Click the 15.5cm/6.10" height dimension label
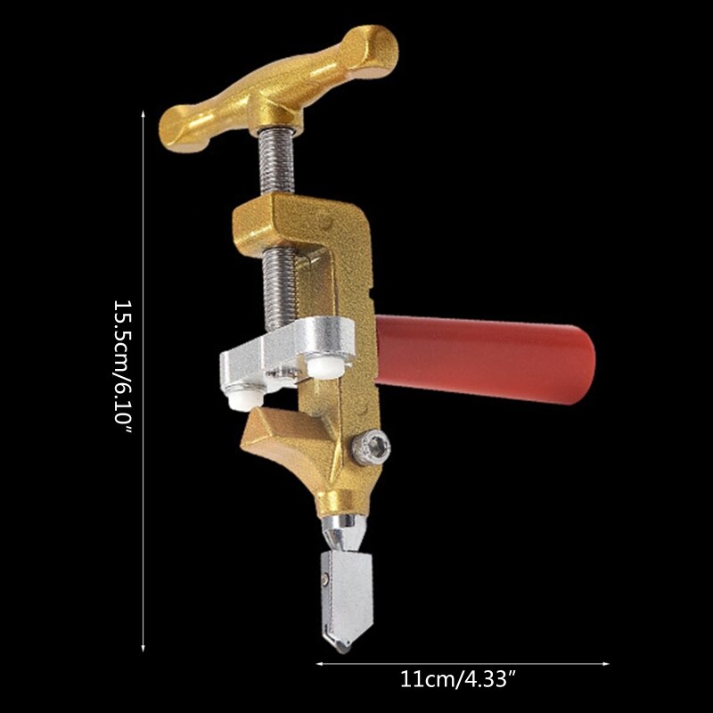pyautogui.click(x=123, y=366)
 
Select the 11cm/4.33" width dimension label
pyautogui.click(x=459, y=679)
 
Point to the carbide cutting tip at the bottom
pyautogui.click(x=341, y=644)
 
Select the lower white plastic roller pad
pyautogui.click(x=246, y=400)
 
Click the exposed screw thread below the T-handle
pyautogui.click(x=276, y=161)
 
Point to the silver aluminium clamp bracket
pyautogui.click(x=286, y=352)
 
